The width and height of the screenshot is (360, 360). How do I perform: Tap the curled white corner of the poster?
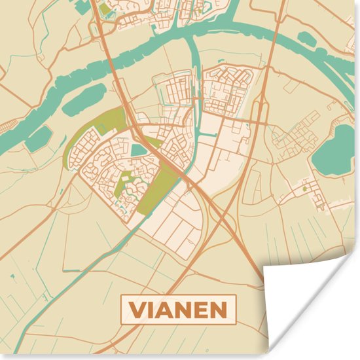tap(308, 308)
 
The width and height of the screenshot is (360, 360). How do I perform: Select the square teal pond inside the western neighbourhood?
tap(139, 151)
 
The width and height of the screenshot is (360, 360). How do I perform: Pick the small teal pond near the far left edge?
tap(39, 137)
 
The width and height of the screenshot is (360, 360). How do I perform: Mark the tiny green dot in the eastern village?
tap(304, 189)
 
